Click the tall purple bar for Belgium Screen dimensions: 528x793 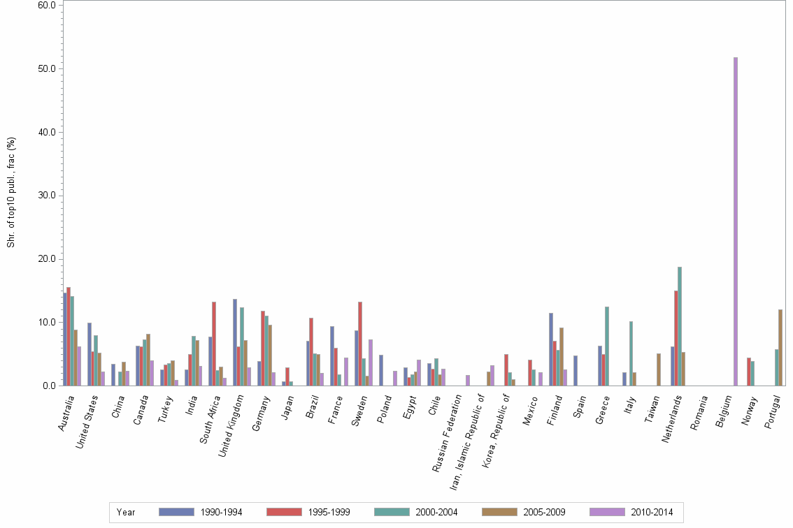pos(736,221)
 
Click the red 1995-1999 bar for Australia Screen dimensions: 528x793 pos(69,337)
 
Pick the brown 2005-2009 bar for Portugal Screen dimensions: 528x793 pos(780,348)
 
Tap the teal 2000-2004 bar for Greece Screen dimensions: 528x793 pos(607,346)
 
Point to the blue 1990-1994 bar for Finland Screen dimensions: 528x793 pos(551,349)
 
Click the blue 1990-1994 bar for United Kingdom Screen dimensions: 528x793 pos(235,342)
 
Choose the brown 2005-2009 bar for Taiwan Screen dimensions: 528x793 pos(659,369)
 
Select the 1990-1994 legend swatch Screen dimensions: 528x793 pos(176,512)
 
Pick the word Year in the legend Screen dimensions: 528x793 pos(126,512)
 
